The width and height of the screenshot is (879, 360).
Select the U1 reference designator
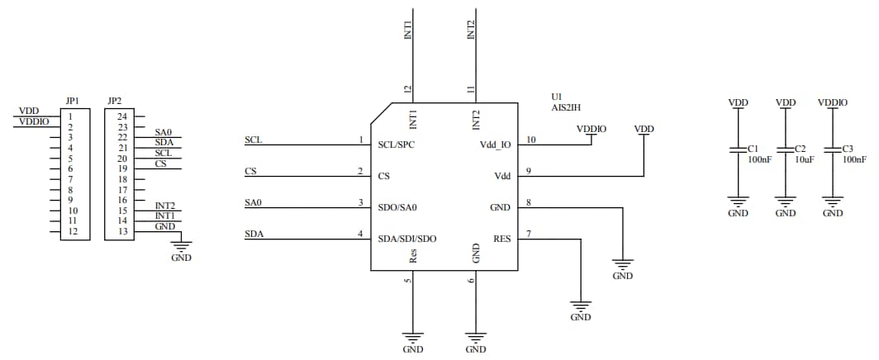point(558,97)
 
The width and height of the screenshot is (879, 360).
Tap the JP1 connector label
point(72,102)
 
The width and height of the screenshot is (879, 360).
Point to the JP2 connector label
point(115,102)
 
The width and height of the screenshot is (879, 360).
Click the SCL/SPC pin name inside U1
point(397,144)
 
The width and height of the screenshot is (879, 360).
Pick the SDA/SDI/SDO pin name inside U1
point(407,239)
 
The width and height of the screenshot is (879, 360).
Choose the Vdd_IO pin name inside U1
point(496,144)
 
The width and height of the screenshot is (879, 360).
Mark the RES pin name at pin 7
point(501,239)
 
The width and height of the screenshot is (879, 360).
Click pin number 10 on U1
point(531,140)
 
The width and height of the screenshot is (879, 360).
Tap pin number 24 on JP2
point(121,116)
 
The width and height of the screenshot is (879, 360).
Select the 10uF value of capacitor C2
point(805,159)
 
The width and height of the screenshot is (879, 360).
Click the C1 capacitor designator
point(753,149)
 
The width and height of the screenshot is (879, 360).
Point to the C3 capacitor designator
point(848,149)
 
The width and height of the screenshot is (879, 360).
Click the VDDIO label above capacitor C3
point(833,102)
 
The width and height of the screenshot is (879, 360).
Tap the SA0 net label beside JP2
point(163,132)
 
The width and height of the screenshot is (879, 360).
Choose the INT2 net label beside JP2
point(165,206)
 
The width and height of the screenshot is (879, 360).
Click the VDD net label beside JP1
point(28,111)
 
